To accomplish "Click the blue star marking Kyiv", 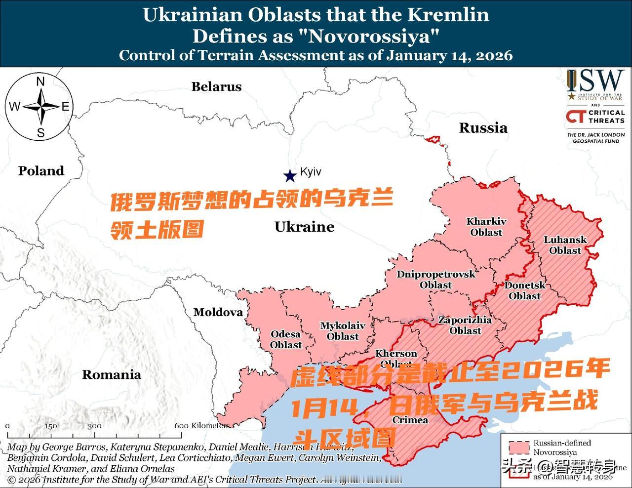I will pyautogui.click(x=289, y=175).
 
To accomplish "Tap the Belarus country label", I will pyautogui.click(x=216, y=87).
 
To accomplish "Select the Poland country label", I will pyautogui.click(x=41, y=171).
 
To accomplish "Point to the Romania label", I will pyautogui.click(x=111, y=375).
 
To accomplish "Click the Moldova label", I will pyautogui.click(x=218, y=312).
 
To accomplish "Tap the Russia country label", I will pyautogui.click(x=483, y=128).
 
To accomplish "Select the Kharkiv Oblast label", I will pyautogui.click(x=486, y=227).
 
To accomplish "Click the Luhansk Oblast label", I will pyautogui.click(x=565, y=245).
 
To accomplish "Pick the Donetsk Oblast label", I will pyautogui.click(x=524, y=290).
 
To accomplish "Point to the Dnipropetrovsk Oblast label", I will pyautogui.click(x=436, y=280).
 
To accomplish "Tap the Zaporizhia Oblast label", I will pyautogui.click(x=465, y=325).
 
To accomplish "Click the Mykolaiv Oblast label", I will pyautogui.click(x=343, y=331).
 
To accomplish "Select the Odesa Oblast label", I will pyautogui.click(x=286, y=339).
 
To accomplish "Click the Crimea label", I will pyautogui.click(x=410, y=420).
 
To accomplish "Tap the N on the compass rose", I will pyautogui.click(x=41, y=82).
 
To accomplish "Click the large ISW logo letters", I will pyautogui.click(x=595, y=80).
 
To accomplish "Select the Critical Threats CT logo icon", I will pyautogui.click(x=576, y=117).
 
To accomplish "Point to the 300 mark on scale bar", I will pyautogui.click(x=94, y=426).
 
